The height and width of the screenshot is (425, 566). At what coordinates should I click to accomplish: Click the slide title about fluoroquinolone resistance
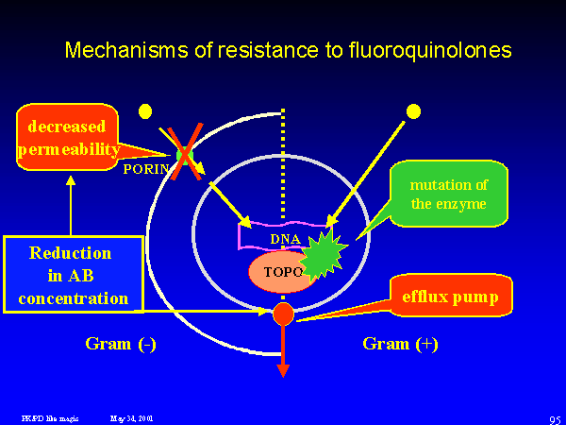click(288, 50)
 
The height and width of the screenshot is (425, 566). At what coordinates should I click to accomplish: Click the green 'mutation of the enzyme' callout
click(448, 194)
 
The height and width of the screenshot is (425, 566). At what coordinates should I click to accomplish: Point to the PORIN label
click(147, 169)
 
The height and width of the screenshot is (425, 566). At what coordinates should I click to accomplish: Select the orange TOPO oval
click(279, 272)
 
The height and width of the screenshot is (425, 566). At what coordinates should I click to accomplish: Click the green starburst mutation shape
click(325, 253)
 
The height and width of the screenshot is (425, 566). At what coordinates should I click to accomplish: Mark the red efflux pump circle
click(283, 314)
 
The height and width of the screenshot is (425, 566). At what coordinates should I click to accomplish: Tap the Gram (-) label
click(121, 344)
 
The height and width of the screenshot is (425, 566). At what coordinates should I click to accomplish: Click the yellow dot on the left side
click(144, 111)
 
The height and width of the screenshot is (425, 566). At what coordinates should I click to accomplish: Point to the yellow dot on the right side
click(412, 111)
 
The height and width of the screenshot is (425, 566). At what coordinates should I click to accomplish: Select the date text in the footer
click(132, 416)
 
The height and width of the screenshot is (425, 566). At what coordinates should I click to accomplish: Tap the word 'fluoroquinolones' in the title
click(434, 50)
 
